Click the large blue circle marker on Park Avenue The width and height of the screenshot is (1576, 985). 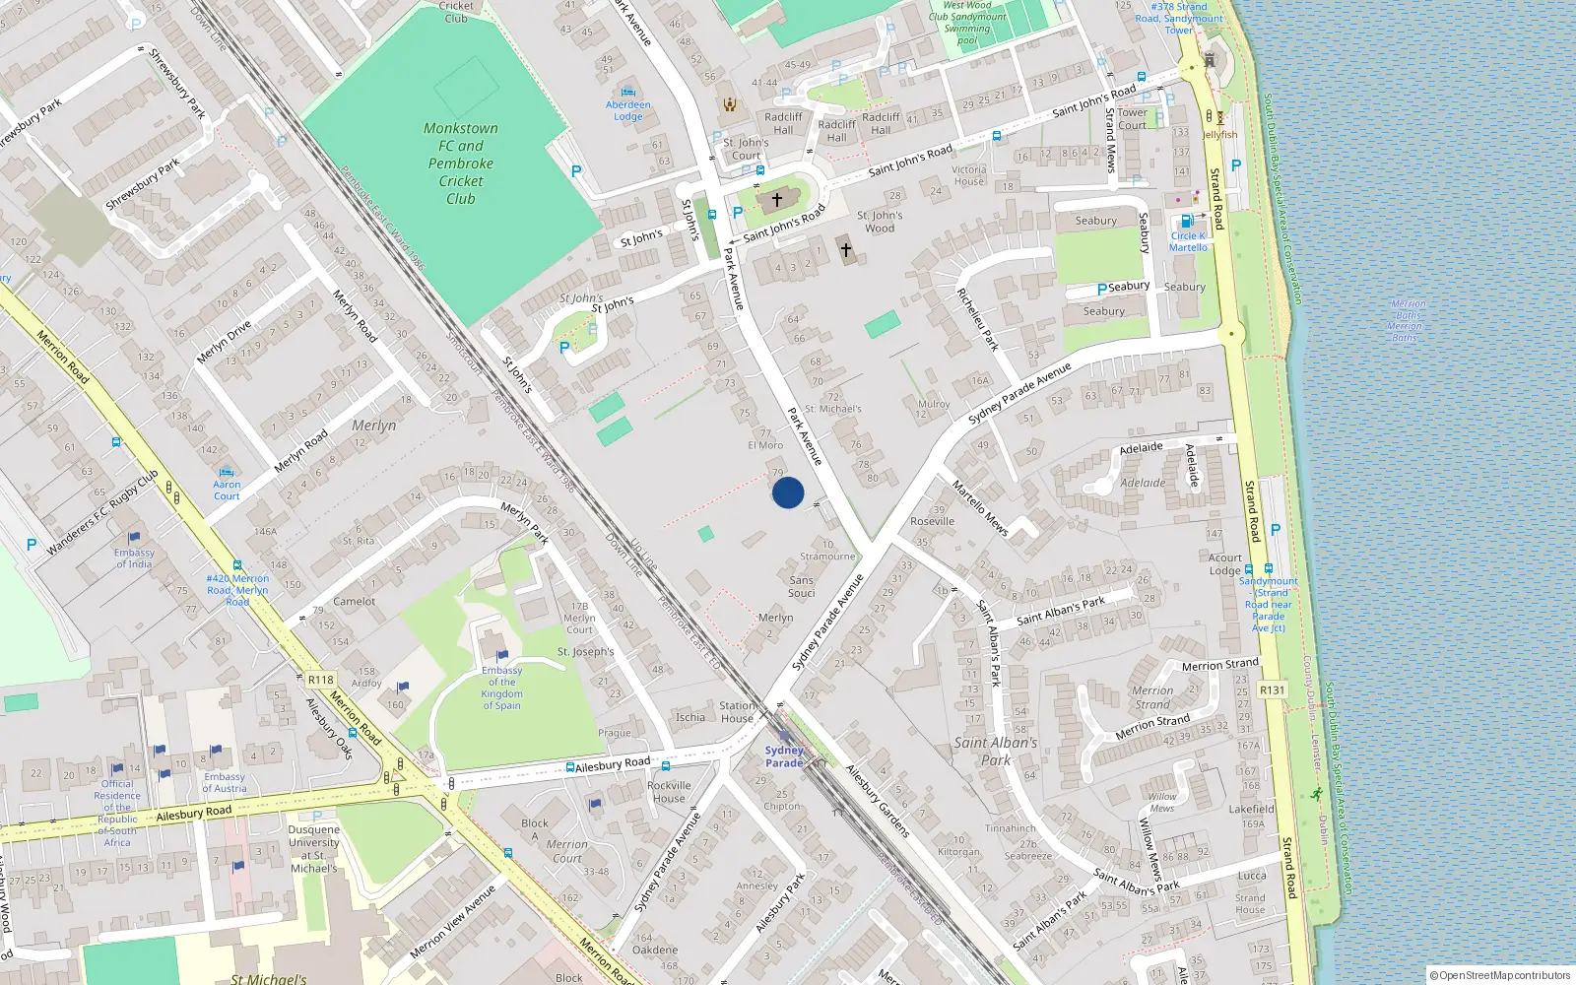tap(788, 492)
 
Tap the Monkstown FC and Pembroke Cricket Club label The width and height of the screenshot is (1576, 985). tap(460, 164)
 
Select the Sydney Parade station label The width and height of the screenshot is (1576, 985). tap(784, 756)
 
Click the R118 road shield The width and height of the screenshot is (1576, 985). tap(320, 680)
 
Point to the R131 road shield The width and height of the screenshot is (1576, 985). tap(1272, 689)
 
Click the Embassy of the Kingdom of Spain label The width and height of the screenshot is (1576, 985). tap(501, 688)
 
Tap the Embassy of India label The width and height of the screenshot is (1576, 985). tap(134, 558)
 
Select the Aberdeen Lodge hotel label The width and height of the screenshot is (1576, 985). tap(628, 110)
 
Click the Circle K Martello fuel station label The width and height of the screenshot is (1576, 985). tap(1188, 241)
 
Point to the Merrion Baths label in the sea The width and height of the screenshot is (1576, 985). tap(1405, 321)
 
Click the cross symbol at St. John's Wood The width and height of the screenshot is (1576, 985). tap(846, 250)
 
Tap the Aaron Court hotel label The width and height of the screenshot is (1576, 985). tap(227, 490)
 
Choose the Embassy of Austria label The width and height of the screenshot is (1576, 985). tap(224, 782)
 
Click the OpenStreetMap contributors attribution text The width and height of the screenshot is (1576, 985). tap(1500, 975)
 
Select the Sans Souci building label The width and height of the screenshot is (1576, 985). tap(802, 586)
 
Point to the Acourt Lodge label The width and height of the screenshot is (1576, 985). tap(1225, 563)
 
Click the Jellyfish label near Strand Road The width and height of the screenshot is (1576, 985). tap(1219, 135)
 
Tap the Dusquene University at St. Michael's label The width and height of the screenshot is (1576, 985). tap(313, 848)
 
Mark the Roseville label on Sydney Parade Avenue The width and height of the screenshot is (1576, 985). tap(932, 521)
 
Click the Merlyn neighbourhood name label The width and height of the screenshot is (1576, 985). tap(374, 426)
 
